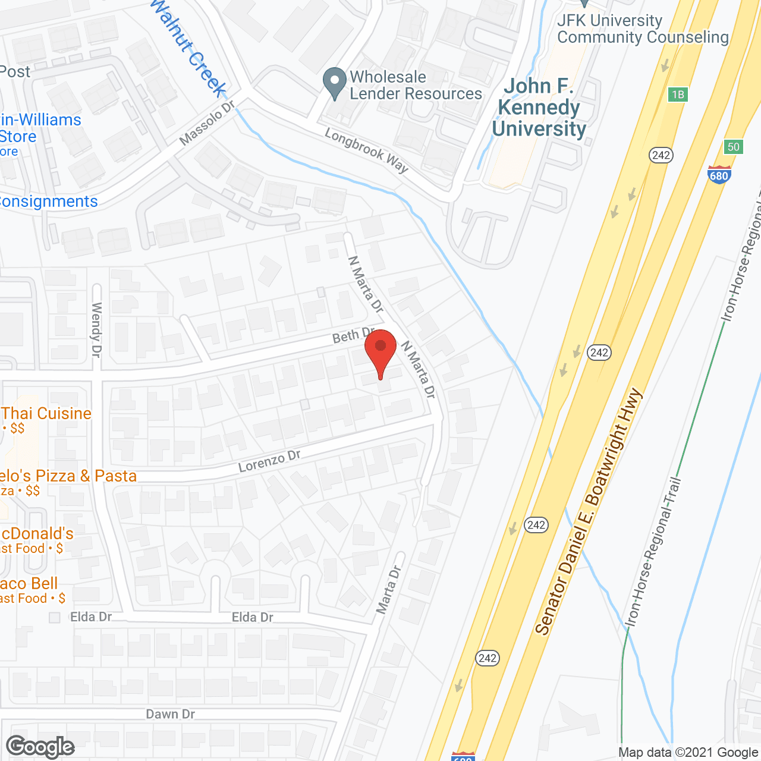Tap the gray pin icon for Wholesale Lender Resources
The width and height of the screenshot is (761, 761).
(335, 83)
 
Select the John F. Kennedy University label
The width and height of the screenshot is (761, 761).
(538, 108)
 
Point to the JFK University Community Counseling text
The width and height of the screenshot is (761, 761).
(642, 29)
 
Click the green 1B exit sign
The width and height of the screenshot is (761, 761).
(677, 95)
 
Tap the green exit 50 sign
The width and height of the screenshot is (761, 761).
(734, 147)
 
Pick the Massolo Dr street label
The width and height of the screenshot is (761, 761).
(207, 122)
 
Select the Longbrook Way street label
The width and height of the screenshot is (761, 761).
(366, 151)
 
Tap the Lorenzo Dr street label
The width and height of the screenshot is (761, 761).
(269, 461)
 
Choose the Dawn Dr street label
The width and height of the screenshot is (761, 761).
(170, 714)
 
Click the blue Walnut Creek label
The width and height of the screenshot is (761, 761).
(188, 48)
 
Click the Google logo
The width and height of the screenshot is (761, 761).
(40, 747)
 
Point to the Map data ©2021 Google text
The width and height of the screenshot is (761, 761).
(688, 753)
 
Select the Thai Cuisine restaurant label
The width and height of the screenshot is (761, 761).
(46, 414)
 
